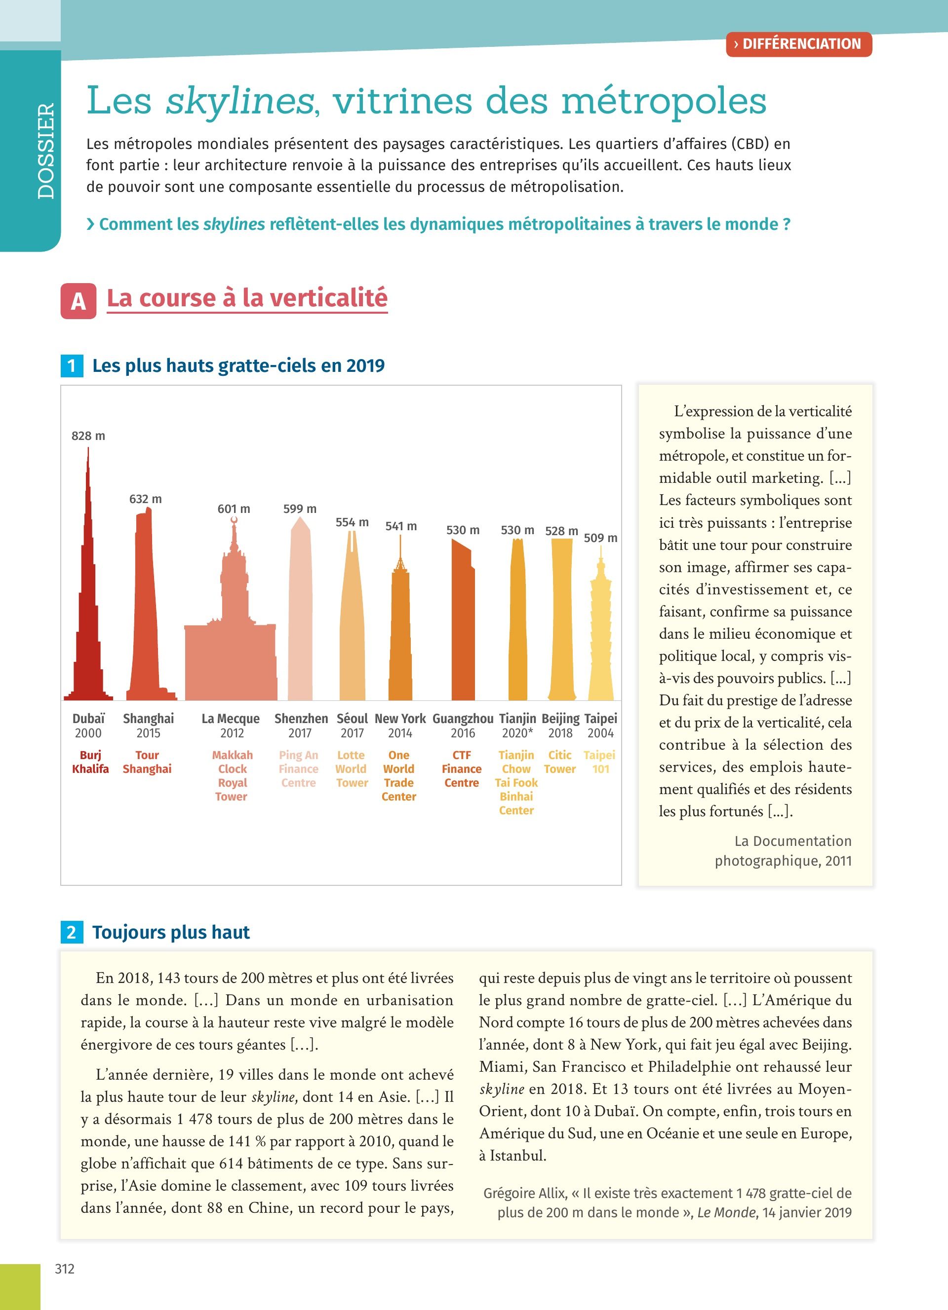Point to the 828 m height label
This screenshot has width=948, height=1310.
(x=88, y=436)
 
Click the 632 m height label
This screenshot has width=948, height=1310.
(x=146, y=499)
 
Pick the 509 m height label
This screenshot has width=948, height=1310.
(x=600, y=538)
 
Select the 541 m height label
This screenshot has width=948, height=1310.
(x=401, y=526)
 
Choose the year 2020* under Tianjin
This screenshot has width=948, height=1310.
(x=517, y=733)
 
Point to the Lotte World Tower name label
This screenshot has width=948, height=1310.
(x=352, y=769)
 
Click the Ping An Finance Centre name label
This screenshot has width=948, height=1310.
(x=298, y=769)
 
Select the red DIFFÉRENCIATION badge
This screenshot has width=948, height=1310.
(x=798, y=44)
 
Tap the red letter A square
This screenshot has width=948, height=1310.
(x=78, y=301)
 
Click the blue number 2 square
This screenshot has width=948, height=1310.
(x=72, y=932)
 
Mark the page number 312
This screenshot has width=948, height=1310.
(x=65, y=1269)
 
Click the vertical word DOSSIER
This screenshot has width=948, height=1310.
(x=45, y=151)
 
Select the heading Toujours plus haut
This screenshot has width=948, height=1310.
(x=171, y=932)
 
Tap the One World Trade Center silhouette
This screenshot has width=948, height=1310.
(x=400, y=635)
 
